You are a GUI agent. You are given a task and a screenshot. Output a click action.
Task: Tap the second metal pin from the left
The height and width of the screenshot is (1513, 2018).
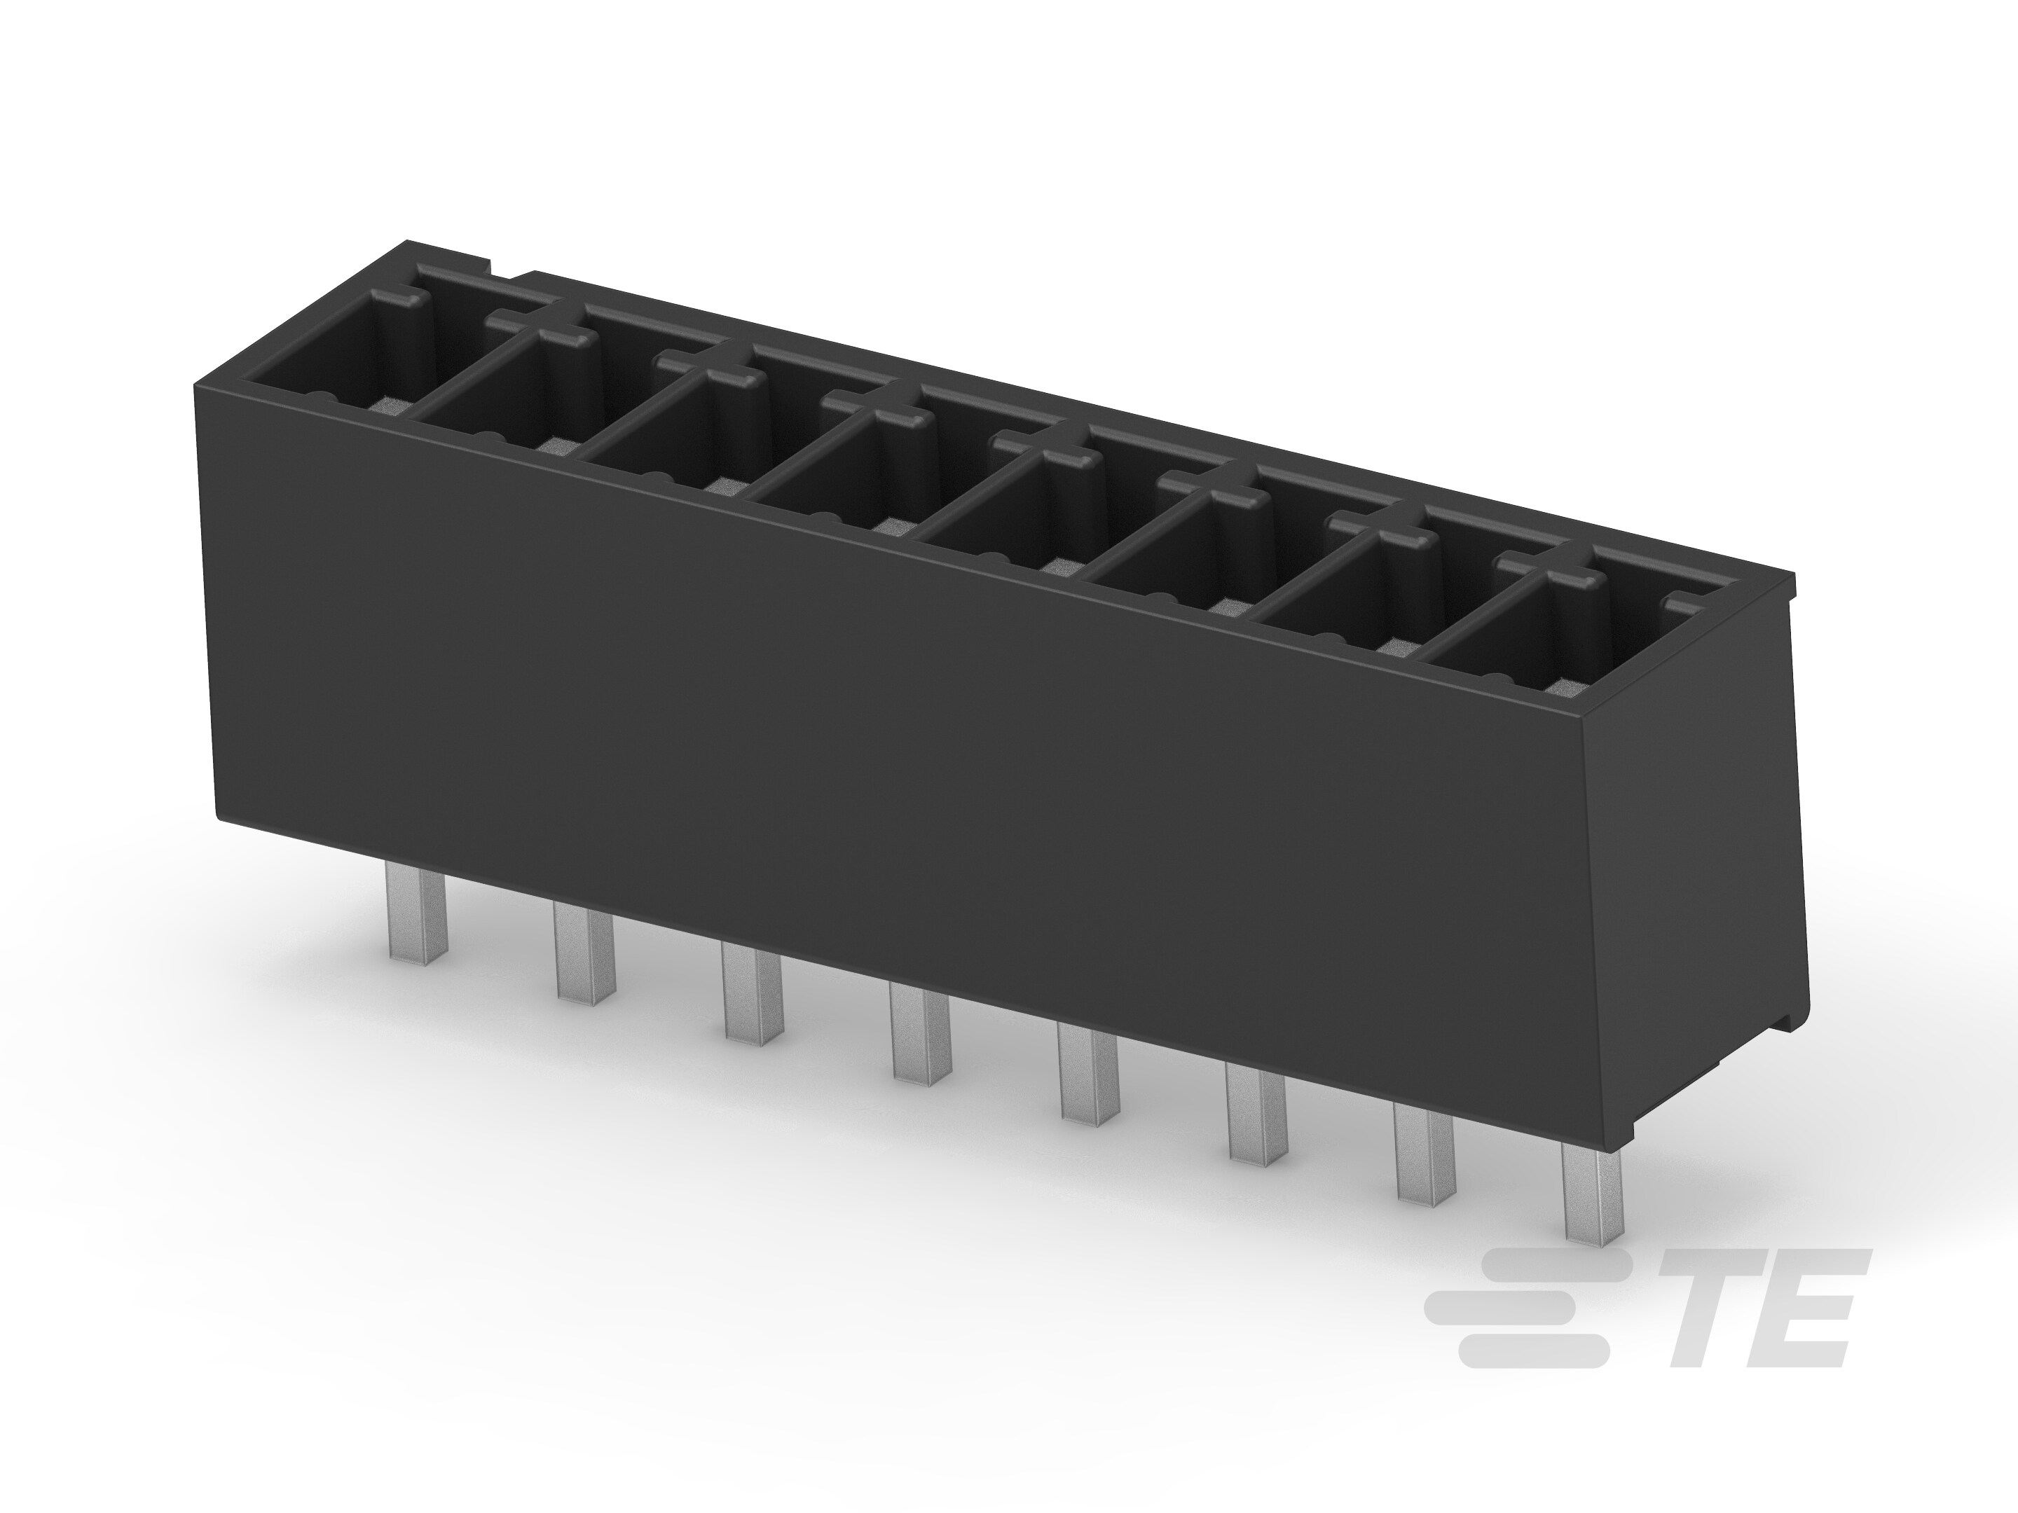click(x=582, y=953)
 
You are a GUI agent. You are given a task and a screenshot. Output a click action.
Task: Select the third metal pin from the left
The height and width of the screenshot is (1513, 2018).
click(x=752, y=993)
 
